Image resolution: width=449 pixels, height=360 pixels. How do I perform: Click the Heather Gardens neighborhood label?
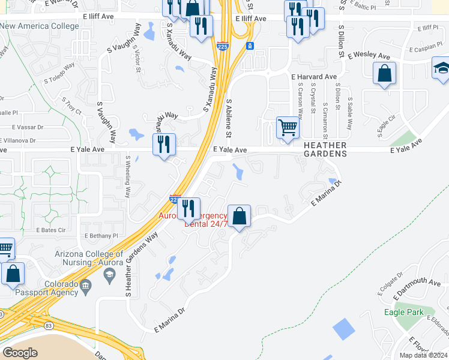(x=325, y=149)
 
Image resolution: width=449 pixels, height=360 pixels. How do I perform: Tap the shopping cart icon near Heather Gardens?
(x=288, y=128)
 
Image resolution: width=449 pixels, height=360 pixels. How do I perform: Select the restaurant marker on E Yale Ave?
(x=164, y=145)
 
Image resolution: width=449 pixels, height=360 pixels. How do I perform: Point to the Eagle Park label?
(x=404, y=312)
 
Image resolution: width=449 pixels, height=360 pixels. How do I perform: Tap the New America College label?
(x=40, y=26)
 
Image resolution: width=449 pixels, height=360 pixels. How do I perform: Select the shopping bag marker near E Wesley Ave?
(x=384, y=74)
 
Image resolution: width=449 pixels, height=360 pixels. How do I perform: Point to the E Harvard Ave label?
(x=314, y=77)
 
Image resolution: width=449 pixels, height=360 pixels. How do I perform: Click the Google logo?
(x=20, y=353)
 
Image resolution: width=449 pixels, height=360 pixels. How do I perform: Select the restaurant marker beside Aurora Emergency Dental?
(x=189, y=208)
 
